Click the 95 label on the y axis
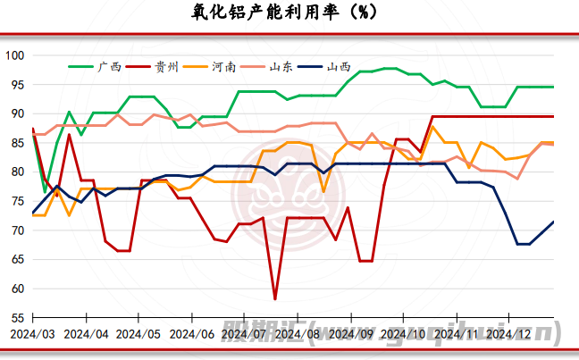[x=16, y=85]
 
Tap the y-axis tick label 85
[x=16, y=143]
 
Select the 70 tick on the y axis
[x=16, y=230]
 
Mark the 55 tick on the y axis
[x=16, y=318]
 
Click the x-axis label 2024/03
[x=32, y=334]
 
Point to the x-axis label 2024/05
[x=138, y=334]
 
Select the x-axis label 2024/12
[x=512, y=334]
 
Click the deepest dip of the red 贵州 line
[x=275, y=298]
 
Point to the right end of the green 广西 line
[x=553, y=87]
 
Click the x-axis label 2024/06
[x=191, y=334]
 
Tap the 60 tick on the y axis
[x=16, y=289]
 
